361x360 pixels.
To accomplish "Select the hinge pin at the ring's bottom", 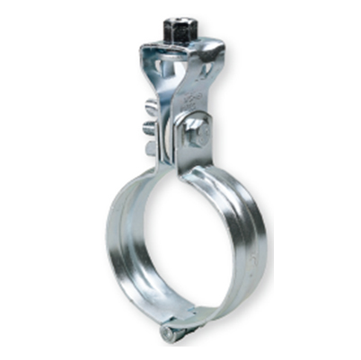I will pos(167,333).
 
